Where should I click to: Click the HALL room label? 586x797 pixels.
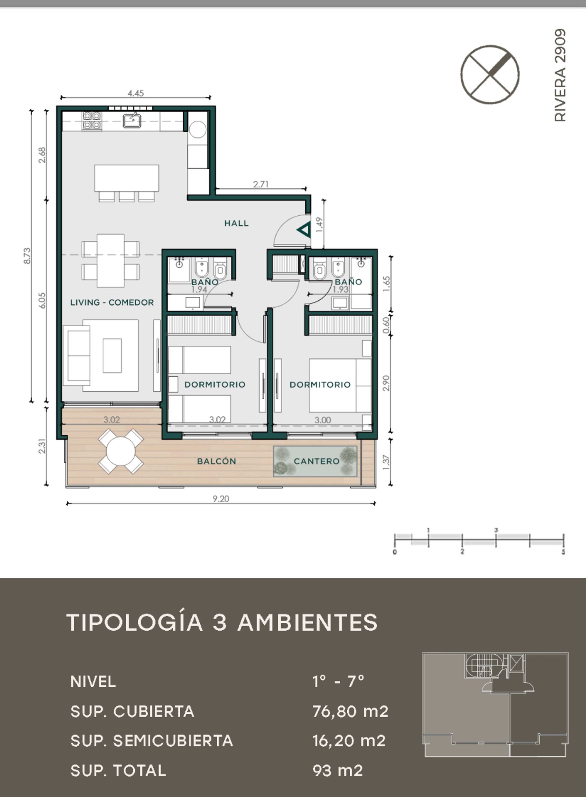pos(237,223)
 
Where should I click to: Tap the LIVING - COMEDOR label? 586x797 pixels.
pos(112,302)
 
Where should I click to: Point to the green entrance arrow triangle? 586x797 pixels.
pos(304,230)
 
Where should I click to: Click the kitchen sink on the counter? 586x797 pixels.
pos(132,120)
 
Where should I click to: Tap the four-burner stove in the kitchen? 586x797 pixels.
pos(92,120)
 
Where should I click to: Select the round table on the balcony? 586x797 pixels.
pos(121,451)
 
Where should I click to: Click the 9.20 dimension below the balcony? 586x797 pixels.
pos(221,498)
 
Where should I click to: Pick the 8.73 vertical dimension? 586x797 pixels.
pos(27,255)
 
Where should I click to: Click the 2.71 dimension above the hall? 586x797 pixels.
pos(261,184)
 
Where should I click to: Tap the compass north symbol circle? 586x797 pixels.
pos(490,74)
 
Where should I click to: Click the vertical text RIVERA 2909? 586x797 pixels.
pos(560,75)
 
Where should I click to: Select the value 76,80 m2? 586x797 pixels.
pos(350,711)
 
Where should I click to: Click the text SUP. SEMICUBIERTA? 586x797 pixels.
pos(152,741)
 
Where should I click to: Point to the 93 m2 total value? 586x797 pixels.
pos(338,770)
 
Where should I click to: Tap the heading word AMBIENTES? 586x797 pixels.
pos(308,622)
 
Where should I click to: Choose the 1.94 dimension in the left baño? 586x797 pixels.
pos(199,289)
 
